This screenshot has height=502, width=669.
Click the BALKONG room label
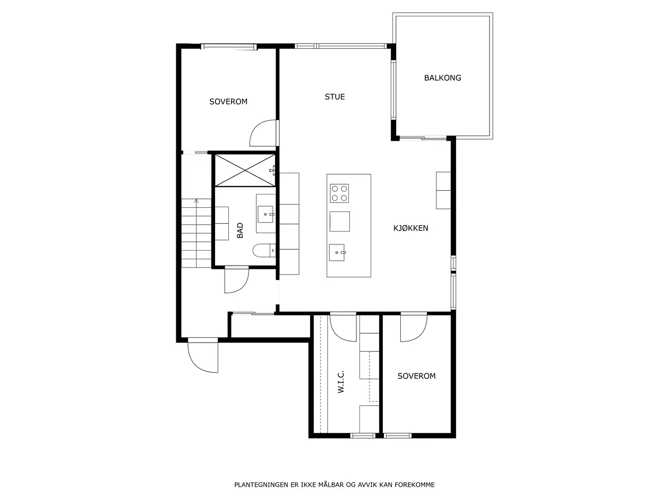pos(442,78)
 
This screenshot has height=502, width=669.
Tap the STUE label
pos(334,97)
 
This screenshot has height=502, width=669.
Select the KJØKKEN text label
pos(410,228)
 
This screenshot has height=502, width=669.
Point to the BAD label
pos(240,230)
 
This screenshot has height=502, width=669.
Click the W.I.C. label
pos(341,381)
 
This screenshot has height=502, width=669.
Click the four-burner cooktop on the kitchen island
pos(339,193)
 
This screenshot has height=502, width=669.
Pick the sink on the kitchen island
pos(337,252)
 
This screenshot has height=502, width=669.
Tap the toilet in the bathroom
pos(264,251)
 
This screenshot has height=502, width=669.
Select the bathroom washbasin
pos(266,214)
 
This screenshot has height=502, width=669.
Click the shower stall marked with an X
pos(245,170)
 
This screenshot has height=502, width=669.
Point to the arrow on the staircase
pos(196,233)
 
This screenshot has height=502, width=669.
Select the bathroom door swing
pos(236,280)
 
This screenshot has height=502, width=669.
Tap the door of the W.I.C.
pos(343,328)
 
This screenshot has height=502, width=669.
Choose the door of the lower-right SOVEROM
pos(414,328)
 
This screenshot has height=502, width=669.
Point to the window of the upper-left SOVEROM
pos(229,47)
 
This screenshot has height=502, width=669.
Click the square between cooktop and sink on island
pos(339,222)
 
